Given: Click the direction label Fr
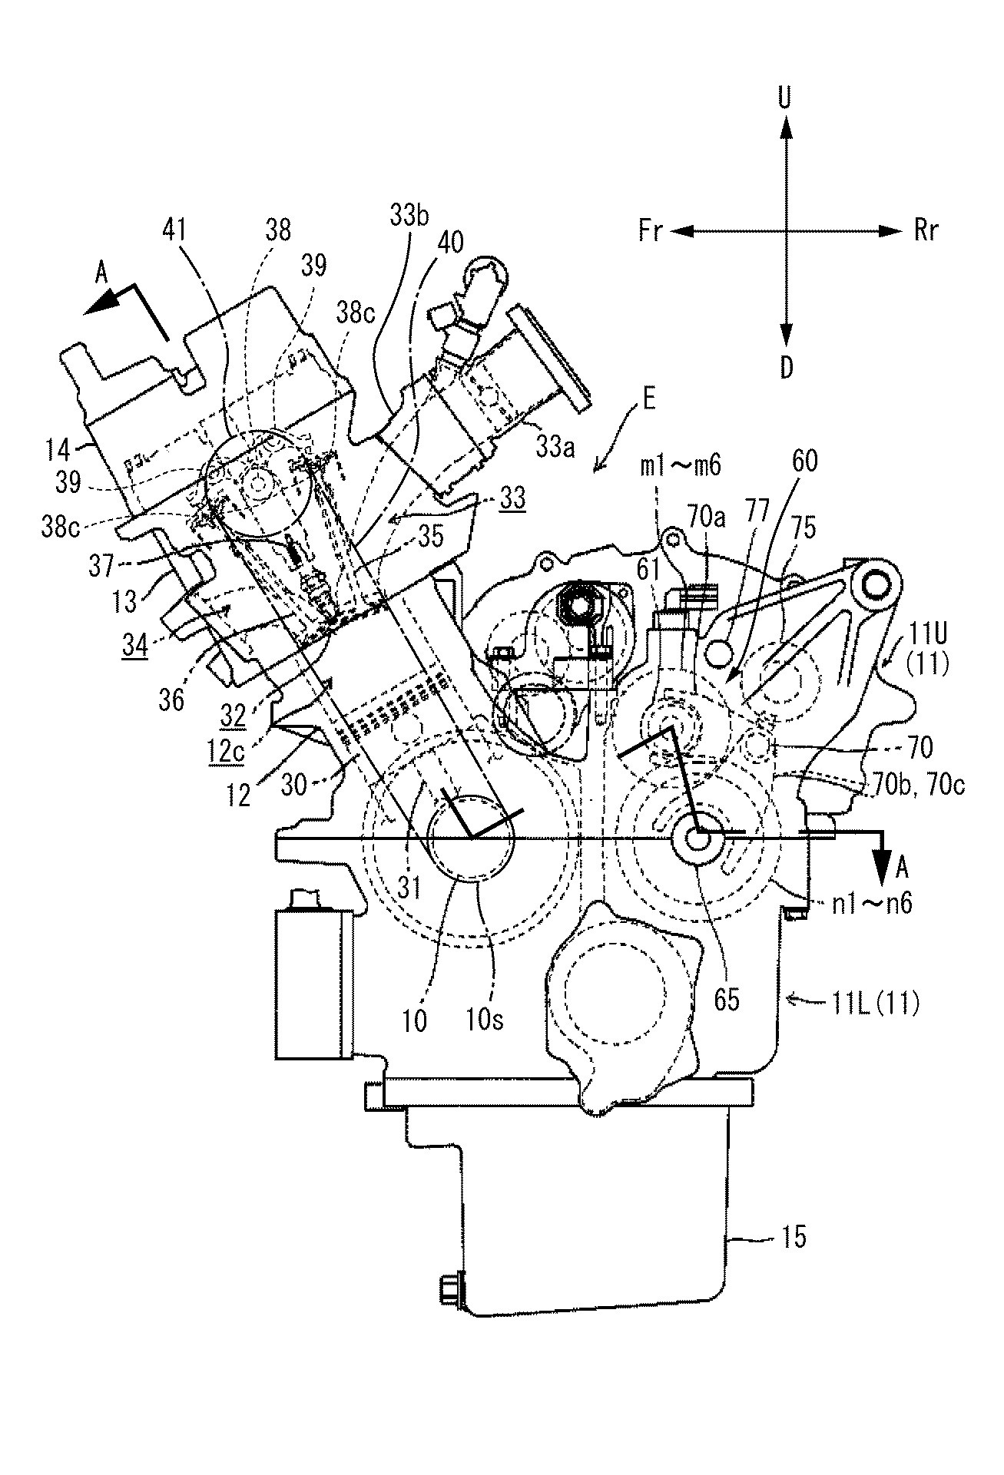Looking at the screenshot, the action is point(651,230).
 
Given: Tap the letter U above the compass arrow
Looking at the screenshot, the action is point(784,98).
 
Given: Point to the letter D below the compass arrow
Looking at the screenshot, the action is point(785,369).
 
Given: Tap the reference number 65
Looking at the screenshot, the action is point(727,999).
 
